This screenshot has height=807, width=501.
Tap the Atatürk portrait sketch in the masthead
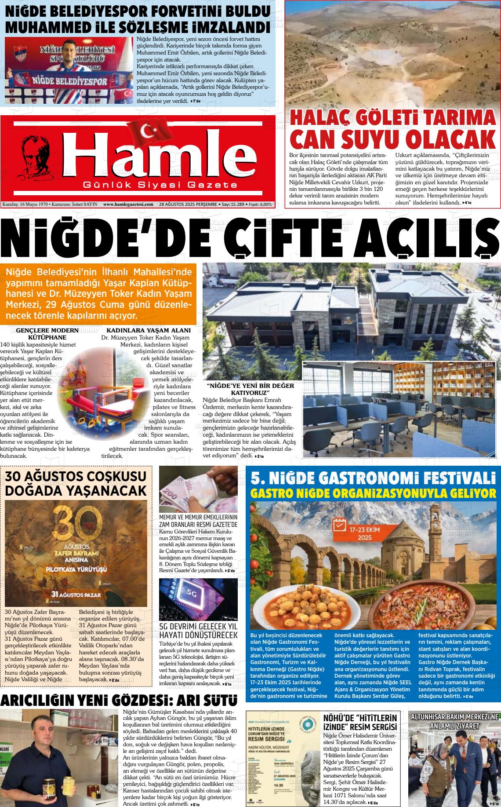37,159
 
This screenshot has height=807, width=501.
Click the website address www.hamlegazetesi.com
128,204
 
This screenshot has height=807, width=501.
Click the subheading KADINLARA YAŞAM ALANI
149,330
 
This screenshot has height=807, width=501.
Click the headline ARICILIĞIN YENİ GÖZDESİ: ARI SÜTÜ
119,700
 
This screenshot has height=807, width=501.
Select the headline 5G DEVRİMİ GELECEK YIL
198,626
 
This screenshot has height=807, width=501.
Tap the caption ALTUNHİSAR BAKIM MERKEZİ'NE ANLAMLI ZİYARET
454,721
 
